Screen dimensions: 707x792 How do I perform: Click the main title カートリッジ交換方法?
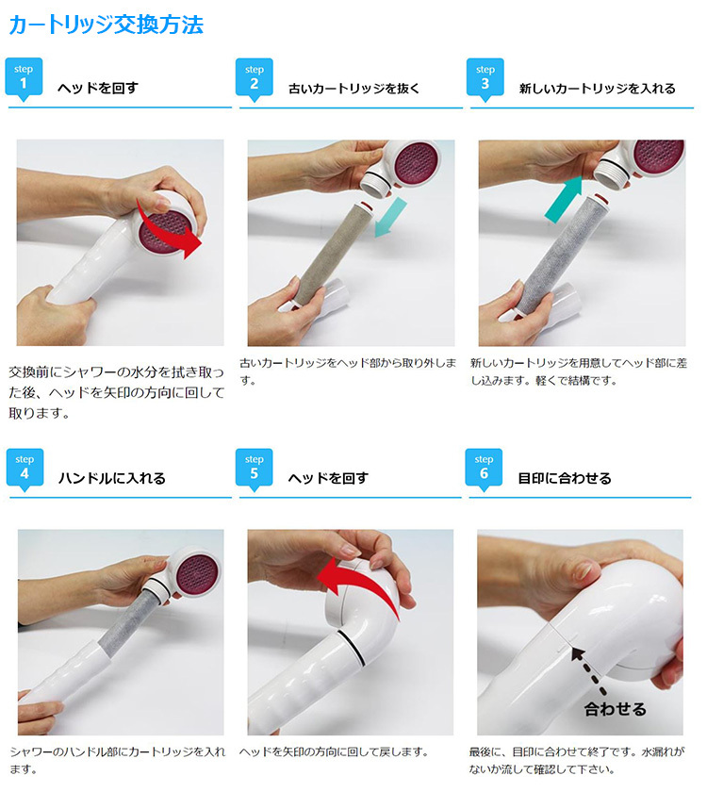click(x=106, y=25)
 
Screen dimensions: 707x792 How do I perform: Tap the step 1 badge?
click(x=24, y=78)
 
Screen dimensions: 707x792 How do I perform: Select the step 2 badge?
click(x=254, y=78)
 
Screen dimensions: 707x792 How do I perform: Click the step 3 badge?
click(x=485, y=78)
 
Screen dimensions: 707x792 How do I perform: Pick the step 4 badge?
click(x=25, y=469)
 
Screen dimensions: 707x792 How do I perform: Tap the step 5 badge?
click(x=254, y=469)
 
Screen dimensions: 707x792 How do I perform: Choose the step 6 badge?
click(x=484, y=469)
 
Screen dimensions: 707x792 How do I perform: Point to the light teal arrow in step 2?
click(x=391, y=217)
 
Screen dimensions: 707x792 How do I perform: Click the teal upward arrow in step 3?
click(x=564, y=200)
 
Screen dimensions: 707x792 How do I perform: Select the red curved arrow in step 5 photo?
click(x=361, y=581)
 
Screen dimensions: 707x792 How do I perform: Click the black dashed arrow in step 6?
click(x=588, y=671)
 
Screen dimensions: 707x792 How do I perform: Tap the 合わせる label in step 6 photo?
click(x=615, y=709)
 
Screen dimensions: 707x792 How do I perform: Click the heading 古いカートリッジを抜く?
click(x=354, y=89)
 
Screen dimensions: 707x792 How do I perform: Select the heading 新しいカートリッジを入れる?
click(x=598, y=89)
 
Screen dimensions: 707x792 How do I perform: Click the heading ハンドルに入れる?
click(x=112, y=478)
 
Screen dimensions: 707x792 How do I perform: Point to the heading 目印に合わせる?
click(x=565, y=478)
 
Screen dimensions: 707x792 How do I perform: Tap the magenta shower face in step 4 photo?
click(x=199, y=574)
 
